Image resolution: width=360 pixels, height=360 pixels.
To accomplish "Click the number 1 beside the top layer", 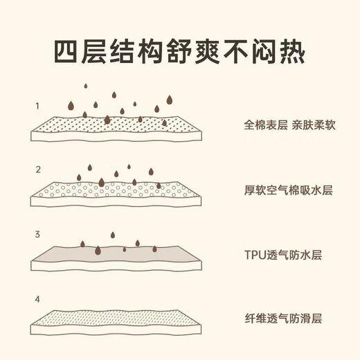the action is coord(37,106).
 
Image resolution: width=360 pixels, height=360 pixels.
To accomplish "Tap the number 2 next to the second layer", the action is coord(38,170).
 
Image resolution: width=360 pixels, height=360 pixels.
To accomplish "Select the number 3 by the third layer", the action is coord(37,235).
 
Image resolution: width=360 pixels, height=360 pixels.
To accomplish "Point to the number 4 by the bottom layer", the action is coord(37,299).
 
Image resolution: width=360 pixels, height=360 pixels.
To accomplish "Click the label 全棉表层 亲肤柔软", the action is coord(289,125).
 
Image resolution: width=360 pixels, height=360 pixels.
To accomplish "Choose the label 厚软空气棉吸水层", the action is coord(289,190).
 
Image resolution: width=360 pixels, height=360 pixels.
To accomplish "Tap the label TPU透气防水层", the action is coord(283,255).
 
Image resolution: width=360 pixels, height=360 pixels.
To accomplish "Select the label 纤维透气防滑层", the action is coord(283,318).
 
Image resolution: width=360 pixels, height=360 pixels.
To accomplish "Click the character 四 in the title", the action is coord(66,52).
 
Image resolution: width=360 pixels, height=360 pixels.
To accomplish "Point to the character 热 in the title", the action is coord(293,52).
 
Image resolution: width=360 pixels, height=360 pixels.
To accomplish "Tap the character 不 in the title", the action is coord(236,52).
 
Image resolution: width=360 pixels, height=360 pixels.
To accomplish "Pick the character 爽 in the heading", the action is coord(208,52).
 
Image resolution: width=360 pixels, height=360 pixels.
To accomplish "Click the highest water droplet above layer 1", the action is coord(86,86).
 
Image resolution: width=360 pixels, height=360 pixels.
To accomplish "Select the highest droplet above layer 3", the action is coord(113,235).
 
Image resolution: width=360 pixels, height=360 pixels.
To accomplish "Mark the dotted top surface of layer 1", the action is coord(116,125).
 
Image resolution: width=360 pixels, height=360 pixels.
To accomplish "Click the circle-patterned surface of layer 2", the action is coord(116,190).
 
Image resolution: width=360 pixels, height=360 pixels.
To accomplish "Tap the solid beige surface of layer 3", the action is coord(116,254).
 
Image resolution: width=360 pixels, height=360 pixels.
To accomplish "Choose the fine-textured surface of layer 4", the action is coord(116,318).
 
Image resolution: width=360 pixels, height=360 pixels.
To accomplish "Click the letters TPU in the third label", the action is coord(255,255).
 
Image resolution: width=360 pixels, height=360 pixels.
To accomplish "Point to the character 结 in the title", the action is coord(123,52).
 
